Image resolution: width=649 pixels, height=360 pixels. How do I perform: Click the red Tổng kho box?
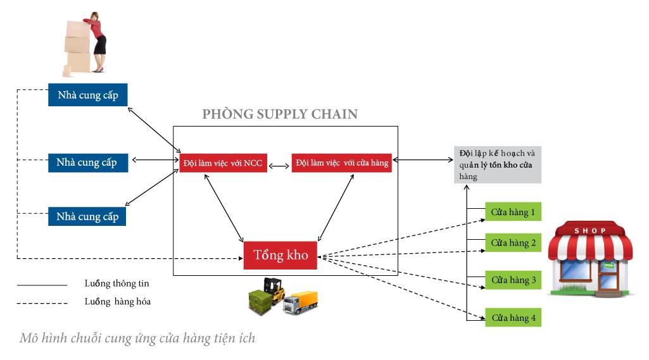pyautogui.click(x=280, y=256)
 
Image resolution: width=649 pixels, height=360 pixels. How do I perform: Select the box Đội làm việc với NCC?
pyautogui.click(x=222, y=163)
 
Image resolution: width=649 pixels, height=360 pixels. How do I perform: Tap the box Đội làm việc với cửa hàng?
pyautogui.click(x=341, y=163)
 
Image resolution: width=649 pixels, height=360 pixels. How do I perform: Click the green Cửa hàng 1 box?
pyautogui.click(x=514, y=212)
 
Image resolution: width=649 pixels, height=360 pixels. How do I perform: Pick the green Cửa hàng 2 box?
pyautogui.click(x=514, y=242)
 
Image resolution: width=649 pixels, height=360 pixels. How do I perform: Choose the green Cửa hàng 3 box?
pyautogui.click(x=514, y=280)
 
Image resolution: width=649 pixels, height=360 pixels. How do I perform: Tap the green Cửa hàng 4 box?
pyautogui.click(x=514, y=317)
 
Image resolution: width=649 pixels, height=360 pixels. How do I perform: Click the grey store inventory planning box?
pyautogui.click(x=498, y=164)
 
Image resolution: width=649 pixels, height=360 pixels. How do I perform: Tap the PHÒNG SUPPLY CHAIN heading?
pyautogui.click(x=280, y=115)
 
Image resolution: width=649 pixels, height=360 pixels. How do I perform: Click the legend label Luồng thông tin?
pyautogui.click(x=117, y=283)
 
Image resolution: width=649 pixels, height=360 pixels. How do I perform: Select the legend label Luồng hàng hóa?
pyautogui.click(x=117, y=302)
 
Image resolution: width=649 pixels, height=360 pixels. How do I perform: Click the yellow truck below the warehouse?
pyautogui.click(x=301, y=303)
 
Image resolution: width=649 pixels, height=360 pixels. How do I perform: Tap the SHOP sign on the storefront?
pyautogui.click(x=589, y=230)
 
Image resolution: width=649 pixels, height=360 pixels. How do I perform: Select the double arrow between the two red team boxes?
pyautogui.click(x=279, y=166)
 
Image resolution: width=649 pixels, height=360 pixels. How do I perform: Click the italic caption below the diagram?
pyautogui.click(x=137, y=338)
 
